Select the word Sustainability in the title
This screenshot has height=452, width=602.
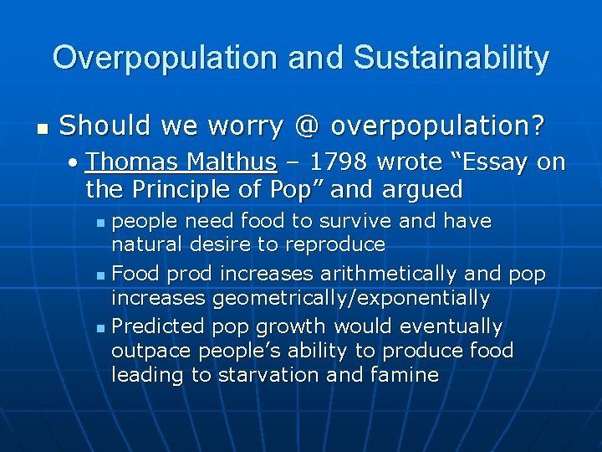[451, 58]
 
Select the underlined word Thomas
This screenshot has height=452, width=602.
[135, 161]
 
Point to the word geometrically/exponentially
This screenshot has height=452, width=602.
[351, 298]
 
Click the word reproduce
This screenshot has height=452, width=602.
[335, 245]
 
